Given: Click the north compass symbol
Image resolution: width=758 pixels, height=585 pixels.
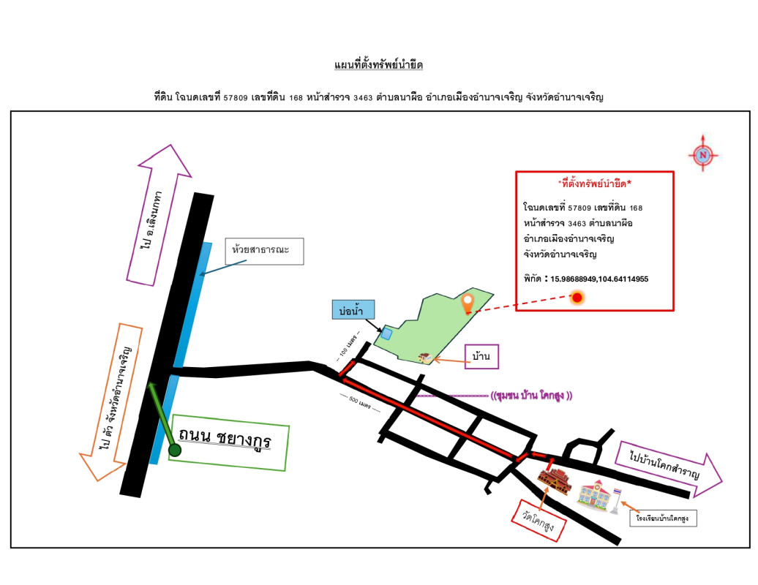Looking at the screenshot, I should pos(703,154).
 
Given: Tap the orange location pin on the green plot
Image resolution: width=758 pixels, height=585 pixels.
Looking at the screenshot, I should pos(468,301).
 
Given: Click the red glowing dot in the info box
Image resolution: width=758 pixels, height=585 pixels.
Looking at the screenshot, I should pos(577,297).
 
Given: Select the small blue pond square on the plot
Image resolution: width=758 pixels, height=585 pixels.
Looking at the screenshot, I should pos(386,333).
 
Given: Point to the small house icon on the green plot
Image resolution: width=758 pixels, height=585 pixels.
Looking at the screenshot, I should pos(424,358).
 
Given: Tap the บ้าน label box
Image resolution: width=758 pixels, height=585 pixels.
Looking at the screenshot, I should pos(481,357).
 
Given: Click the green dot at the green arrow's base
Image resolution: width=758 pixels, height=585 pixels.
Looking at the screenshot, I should pos(175,450).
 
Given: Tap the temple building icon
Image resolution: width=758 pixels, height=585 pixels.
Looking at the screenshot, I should pos(554,480).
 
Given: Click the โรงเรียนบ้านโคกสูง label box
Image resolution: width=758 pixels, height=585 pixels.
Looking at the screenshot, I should pos(663,518).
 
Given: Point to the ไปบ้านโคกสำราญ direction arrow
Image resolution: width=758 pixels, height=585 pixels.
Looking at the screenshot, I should pos(667,464).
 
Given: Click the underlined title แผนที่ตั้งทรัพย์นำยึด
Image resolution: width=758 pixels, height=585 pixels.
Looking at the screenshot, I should pos(378,66).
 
